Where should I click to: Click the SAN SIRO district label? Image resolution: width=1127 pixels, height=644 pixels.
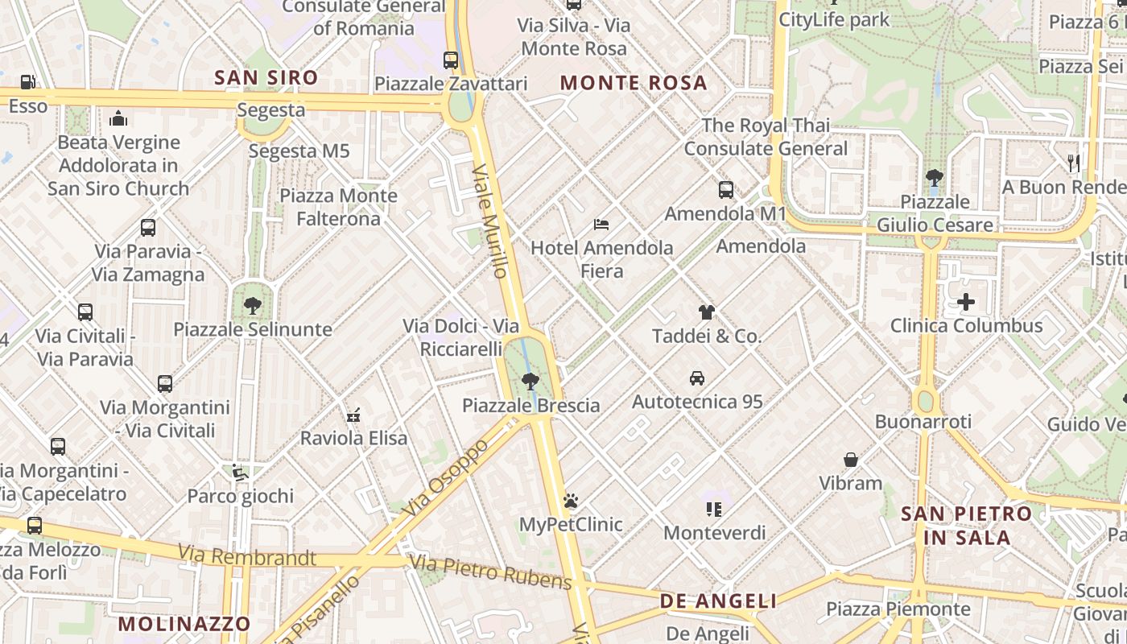pos(266,78)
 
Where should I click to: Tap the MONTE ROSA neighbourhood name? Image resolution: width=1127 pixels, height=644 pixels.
pos(634,83)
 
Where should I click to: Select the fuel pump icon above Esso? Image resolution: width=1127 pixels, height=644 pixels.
pos(28,81)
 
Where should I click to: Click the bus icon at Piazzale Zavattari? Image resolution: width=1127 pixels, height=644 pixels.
pos(451,60)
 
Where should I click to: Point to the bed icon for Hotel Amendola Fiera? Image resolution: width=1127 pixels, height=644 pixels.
pos(601,224)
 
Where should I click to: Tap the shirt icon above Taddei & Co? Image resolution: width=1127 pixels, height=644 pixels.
pos(706,312)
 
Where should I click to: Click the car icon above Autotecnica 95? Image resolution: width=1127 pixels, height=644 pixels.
pos(697,378)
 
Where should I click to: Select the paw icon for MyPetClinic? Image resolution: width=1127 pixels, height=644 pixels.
pos(571,501)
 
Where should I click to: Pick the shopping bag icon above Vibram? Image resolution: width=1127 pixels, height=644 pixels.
pos(851,460)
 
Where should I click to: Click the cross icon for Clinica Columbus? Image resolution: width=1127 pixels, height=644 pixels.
pos(966,302)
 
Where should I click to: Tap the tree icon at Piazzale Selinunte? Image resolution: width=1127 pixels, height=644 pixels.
pos(253,305)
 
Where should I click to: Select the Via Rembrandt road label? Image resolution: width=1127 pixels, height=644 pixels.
pos(247,555)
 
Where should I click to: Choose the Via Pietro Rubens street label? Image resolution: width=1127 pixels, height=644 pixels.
pos(491,572)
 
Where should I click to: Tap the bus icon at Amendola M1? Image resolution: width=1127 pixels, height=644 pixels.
pos(726,190)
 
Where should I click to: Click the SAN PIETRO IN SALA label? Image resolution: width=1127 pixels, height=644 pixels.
pos(966,525)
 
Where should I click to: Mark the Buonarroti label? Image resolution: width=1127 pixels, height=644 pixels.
pos(923,421)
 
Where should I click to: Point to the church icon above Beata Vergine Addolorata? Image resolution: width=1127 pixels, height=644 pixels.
pos(118,119)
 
